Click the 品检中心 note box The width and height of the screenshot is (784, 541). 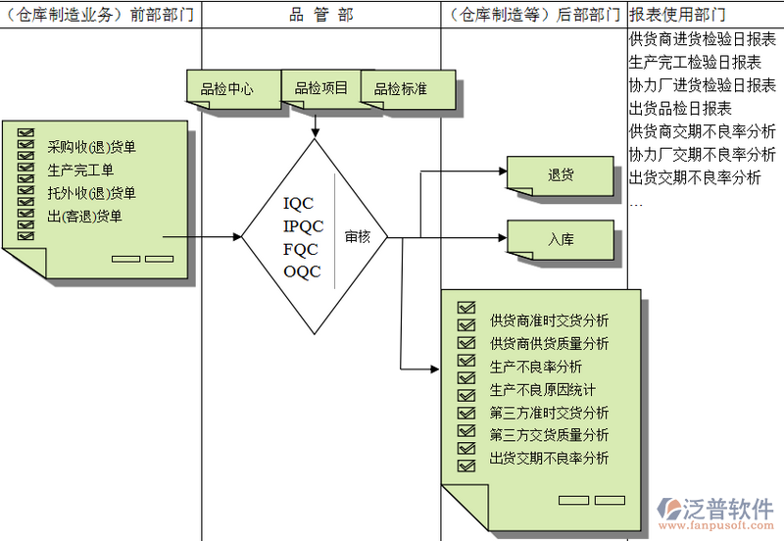pos(226,89)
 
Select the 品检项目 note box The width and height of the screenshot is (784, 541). pos(320,88)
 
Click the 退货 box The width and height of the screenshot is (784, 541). pos(560,174)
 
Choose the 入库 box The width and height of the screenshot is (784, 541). pos(560,239)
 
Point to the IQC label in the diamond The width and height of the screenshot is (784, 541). pos(298,204)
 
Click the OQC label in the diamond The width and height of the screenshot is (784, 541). pos(302,271)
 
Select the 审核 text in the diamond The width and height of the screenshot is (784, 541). pos(358,236)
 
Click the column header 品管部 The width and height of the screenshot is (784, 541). pos(321,15)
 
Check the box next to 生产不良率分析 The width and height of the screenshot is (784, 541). pos(466,366)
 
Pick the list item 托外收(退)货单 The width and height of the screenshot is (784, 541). pos(91,193)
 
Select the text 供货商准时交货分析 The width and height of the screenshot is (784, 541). pos(549,320)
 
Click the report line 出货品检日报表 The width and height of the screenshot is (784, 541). pos(680,108)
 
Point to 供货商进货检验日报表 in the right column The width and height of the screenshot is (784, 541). pos(702,40)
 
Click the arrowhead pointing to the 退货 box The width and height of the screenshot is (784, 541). pos(501,174)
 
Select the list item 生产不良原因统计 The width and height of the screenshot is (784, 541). pos(542,389)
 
